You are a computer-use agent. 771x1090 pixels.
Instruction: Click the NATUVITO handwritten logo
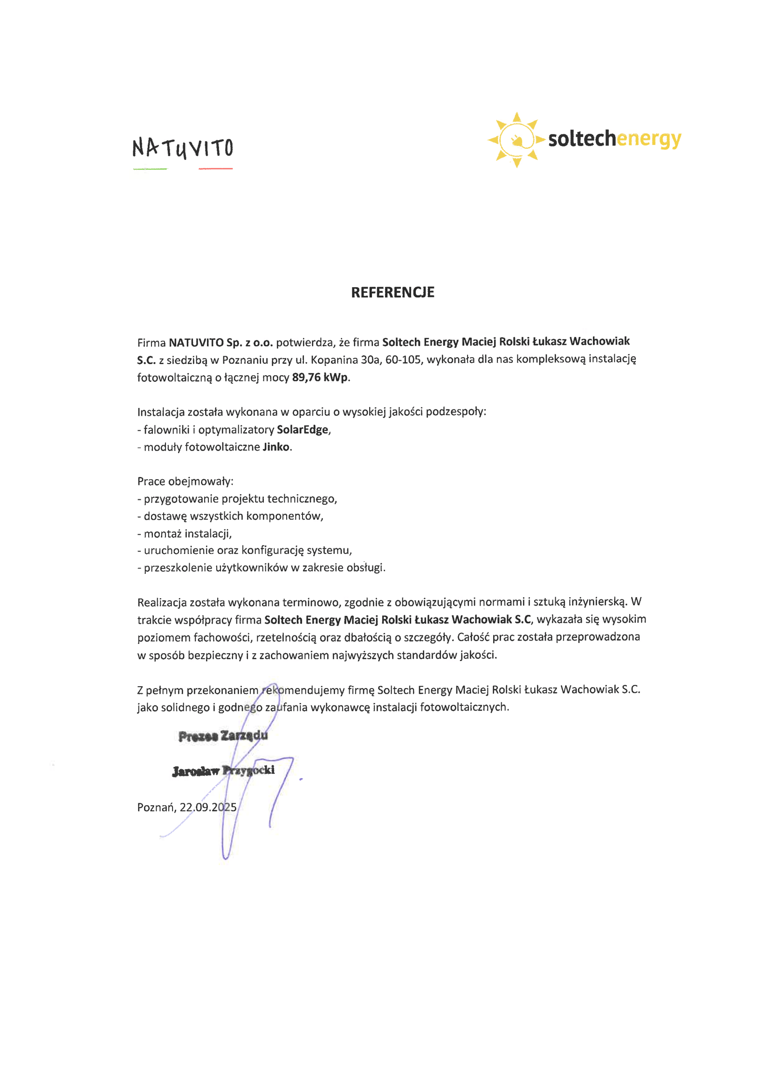click(x=183, y=148)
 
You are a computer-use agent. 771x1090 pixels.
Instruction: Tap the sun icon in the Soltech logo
click(x=516, y=139)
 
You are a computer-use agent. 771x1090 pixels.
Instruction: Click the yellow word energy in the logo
click(x=648, y=139)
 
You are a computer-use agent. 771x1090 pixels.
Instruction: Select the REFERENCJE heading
click(x=392, y=292)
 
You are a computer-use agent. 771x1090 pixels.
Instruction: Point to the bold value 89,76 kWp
click(x=320, y=378)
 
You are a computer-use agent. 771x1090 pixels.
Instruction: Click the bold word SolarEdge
click(x=303, y=430)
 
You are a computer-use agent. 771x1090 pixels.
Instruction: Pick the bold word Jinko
click(x=276, y=447)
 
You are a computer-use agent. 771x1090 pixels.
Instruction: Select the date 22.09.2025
click(x=208, y=807)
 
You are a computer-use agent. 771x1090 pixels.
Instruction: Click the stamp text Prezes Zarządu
click(x=223, y=736)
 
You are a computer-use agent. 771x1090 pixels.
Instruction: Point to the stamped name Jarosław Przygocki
click(x=223, y=771)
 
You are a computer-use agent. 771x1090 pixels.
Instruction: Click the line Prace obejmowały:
click(x=185, y=482)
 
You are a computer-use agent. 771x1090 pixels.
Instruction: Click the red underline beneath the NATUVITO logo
click(x=215, y=168)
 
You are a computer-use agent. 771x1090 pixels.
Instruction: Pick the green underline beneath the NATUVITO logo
click(x=150, y=168)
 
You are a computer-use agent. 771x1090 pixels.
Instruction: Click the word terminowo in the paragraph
click(x=311, y=602)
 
